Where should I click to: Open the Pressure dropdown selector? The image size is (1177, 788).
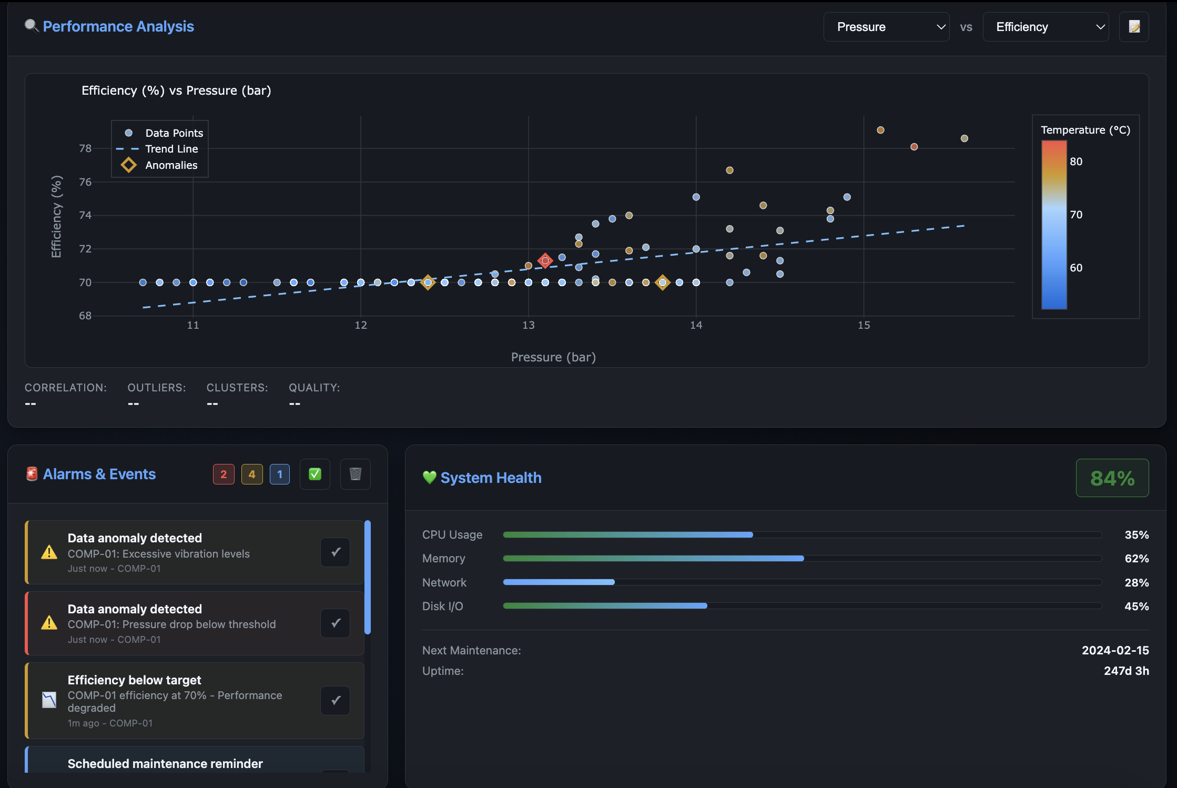[886, 27]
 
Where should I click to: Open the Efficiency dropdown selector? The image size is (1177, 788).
[1045, 27]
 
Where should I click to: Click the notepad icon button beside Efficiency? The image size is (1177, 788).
[1134, 27]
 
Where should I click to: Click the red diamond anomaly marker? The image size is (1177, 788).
[545, 260]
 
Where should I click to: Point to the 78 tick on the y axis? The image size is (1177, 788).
[85, 148]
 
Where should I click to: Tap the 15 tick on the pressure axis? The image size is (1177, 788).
[864, 325]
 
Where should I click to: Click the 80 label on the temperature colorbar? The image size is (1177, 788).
[1076, 161]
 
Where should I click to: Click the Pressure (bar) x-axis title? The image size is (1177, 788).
[553, 357]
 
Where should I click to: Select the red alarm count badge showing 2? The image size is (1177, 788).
[224, 474]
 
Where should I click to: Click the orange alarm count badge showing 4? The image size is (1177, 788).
[252, 474]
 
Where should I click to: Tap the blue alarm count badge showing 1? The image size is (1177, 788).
[280, 474]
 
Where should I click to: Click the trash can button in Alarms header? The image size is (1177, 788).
[355, 474]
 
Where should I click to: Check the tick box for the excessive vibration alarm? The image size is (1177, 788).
[336, 552]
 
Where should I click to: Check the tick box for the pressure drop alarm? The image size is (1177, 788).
[336, 623]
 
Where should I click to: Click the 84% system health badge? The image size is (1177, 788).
[1112, 478]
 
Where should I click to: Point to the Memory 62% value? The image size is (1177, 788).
[1136, 559]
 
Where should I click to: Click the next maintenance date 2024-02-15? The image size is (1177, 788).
[1115, 650]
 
